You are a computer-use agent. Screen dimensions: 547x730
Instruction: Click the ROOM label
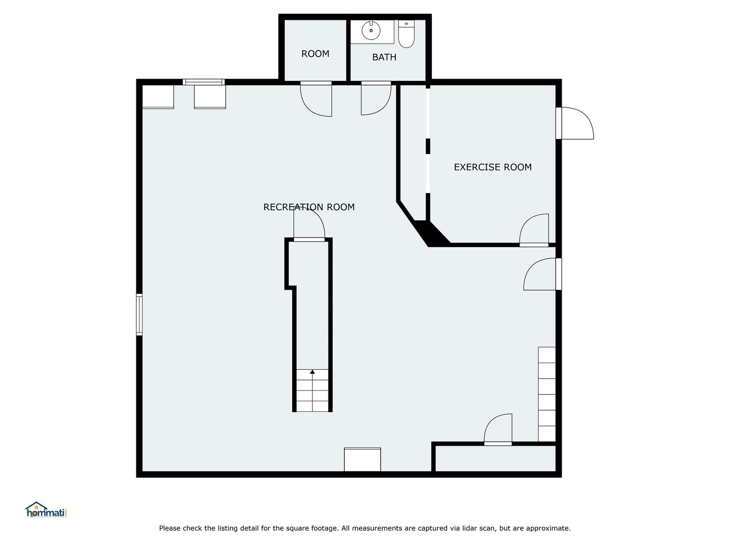[x=315, y=54]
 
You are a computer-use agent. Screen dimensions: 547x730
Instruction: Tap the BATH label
[x=384, y=57]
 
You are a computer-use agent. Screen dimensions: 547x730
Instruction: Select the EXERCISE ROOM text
[x=492, y=167]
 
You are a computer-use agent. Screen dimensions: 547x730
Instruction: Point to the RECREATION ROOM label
[x=309, y=207]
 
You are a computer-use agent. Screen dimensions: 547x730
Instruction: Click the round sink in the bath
[x=371, y=31]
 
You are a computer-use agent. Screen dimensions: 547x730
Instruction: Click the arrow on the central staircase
[x=312, y=372]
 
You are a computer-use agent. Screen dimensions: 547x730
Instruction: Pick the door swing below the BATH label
[x=375, y=99]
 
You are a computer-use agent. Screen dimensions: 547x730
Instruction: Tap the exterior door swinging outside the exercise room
[x=576, y=123]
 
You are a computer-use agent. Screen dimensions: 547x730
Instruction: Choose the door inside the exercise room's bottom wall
[x=534, y=230]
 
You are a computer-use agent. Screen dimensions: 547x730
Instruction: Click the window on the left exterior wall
[x=139, y=315]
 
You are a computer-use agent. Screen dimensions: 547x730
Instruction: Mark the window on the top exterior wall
[x=204, y=82]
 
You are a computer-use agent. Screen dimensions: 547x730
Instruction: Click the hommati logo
[x=46, y=510]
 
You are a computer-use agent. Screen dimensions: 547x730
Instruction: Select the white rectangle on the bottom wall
[x=362, y=459]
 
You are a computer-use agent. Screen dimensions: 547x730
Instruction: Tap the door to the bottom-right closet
[x=498, y=429]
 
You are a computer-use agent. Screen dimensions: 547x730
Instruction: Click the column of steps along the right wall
[x=546, y=394]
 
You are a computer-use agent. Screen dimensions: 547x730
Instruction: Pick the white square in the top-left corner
[x=158, y=96]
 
